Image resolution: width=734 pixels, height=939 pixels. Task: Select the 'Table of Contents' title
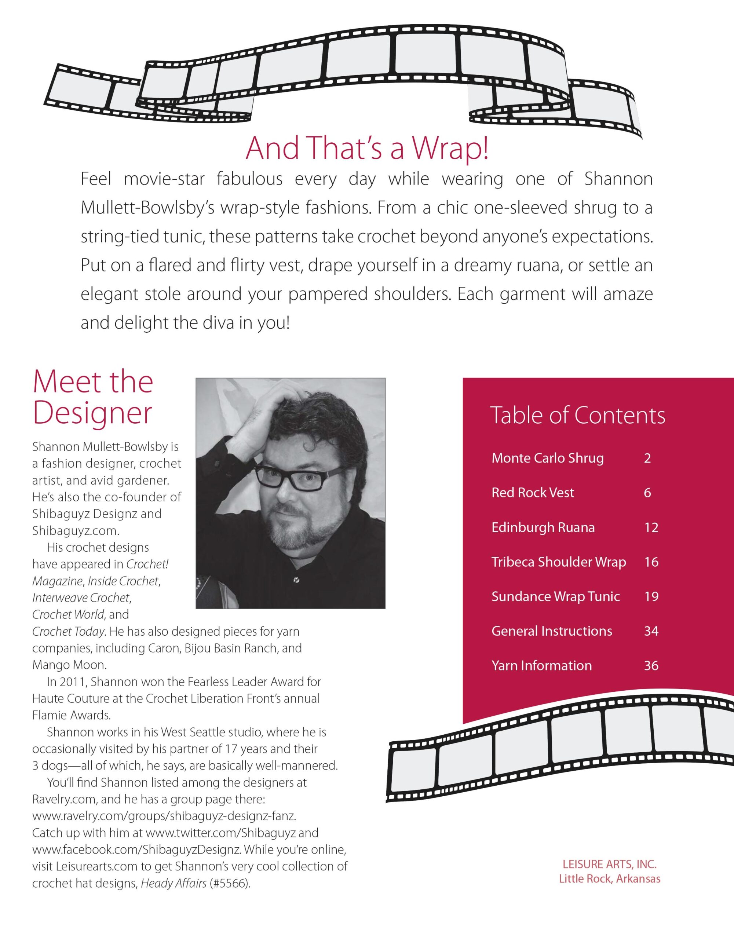[x=577, y=416]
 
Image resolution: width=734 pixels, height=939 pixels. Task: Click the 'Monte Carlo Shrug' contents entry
[x=547, y=458]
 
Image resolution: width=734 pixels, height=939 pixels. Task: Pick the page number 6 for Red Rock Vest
[x=647, y=493]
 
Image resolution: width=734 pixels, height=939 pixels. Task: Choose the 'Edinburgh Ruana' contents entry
[x=543, y=527]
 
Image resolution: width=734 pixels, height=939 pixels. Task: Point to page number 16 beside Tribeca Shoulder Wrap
[x=651, y=562]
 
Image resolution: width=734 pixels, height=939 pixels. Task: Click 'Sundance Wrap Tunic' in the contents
[x=556, y=596]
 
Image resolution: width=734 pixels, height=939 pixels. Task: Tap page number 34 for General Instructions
[x=651, y=631]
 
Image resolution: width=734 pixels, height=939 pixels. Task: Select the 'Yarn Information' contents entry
[x=542, y=666]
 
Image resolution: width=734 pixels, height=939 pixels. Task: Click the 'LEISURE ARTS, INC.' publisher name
[x=609, y=864]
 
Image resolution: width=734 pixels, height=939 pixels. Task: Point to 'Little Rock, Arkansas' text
[x=609, y=879]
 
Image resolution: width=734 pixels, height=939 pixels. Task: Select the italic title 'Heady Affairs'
[x=174, y=884]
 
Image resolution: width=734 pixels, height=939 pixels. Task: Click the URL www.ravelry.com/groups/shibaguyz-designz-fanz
[x=164, y=816]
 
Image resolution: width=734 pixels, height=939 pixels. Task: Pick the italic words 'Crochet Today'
[x=68, y=632]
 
